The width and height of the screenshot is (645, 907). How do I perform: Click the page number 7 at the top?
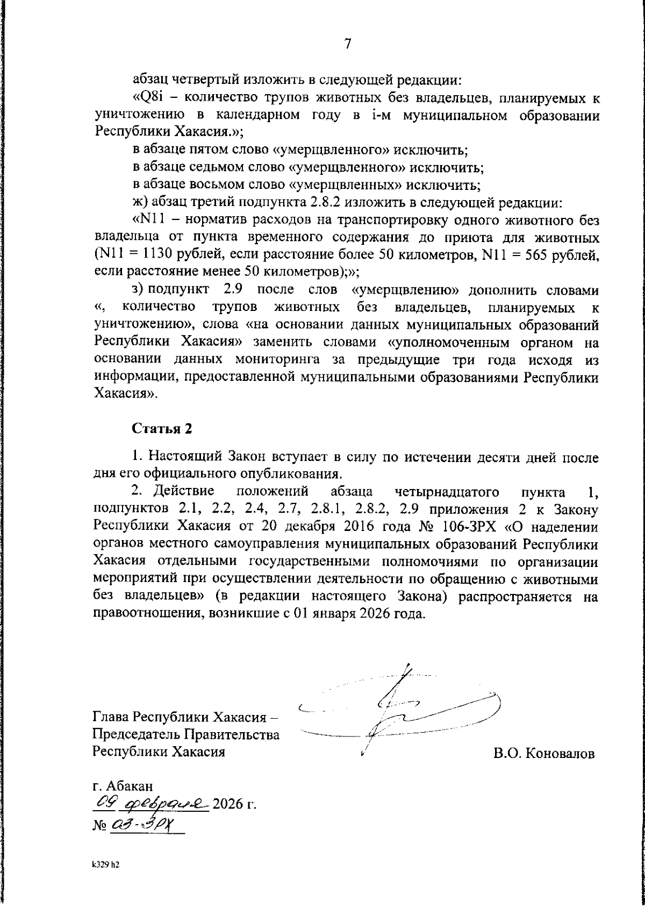348,44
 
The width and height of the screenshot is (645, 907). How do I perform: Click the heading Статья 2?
161,429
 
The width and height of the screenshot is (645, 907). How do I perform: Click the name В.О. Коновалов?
544,754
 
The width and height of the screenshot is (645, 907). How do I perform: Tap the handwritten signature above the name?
398,710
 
